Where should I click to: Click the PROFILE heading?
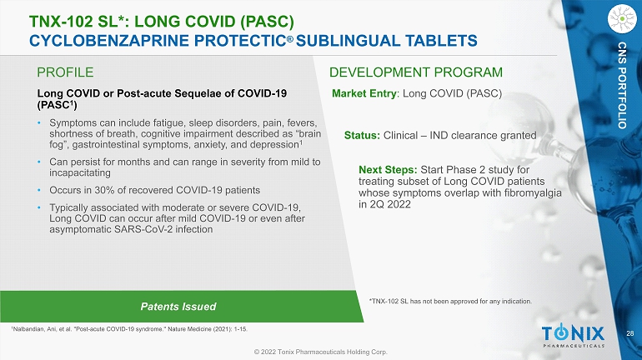[65, 72]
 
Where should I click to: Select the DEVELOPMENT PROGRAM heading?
[415, 72]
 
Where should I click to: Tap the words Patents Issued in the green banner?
[178, 307]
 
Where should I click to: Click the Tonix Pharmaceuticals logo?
[574, 335]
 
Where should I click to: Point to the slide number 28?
[629, 333]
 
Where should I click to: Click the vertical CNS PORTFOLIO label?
[622, 85]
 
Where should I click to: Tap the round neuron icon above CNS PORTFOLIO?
[622, 18]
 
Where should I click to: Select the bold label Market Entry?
[364, 93]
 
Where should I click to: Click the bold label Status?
[362, 135]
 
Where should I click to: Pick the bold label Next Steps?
[388, 170]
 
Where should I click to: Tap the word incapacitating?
[80, 173]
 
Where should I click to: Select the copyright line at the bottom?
[321, 352]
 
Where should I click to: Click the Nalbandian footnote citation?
[129, 329]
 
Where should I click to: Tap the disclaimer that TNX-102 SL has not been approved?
[450, 302]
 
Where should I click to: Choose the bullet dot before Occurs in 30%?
[39, 190]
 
